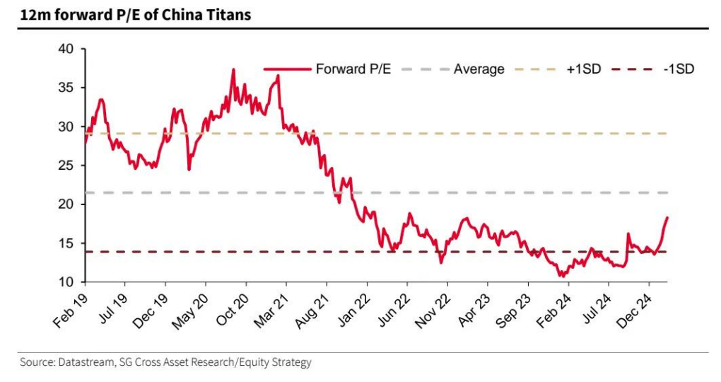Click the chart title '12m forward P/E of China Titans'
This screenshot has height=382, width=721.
135,13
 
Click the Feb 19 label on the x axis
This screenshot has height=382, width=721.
71,311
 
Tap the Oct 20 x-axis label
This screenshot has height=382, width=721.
233,311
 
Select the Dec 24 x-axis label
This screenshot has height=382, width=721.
635,311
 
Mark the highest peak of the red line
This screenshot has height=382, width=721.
233,69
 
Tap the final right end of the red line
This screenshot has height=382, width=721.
667,218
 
